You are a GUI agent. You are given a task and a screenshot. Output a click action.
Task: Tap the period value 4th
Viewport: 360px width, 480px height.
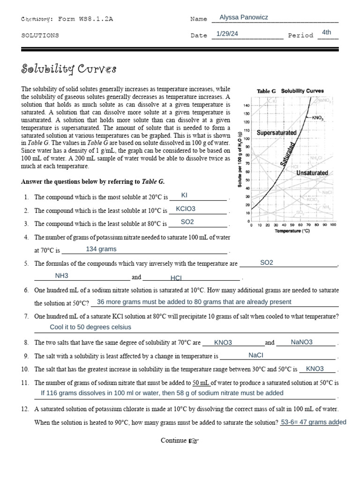(327, 32)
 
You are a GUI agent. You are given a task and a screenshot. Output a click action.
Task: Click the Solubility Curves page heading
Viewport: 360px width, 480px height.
(68, 70)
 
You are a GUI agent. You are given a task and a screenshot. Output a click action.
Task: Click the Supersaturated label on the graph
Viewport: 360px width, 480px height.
(277, 133)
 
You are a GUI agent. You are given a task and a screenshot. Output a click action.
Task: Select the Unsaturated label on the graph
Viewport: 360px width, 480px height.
(312, 173)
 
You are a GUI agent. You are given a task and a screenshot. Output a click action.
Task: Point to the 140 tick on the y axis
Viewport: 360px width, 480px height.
(247, 105)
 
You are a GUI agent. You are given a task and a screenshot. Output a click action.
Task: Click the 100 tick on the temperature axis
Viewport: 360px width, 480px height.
(332, 225)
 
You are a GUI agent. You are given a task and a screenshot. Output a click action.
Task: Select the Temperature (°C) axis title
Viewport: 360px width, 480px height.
(292, 231)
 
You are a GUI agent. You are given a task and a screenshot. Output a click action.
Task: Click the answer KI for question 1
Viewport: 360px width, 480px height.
(184, 195)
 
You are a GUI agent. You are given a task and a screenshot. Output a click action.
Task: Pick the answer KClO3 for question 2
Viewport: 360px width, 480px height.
(186, 209)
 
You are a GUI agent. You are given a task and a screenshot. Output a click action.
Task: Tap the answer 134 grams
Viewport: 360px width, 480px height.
(101, 249)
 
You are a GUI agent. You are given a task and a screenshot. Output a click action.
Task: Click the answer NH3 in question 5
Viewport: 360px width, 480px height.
(62, 276)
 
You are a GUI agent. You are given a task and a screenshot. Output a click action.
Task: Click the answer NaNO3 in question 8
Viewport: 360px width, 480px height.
(301, 342)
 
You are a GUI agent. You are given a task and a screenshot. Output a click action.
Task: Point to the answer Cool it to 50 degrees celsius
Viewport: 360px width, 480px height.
(90, 327)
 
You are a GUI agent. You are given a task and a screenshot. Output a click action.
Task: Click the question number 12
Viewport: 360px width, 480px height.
(25, 409)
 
